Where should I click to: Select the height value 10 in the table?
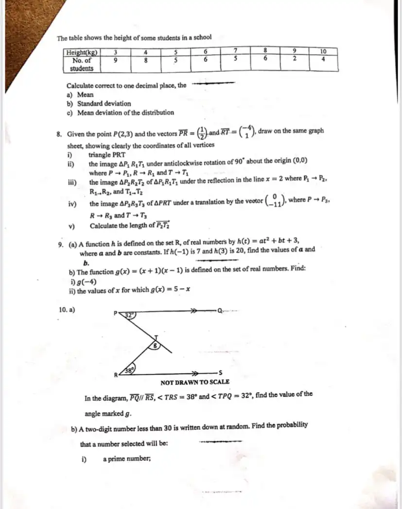coord(323,51)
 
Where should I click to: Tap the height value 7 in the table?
coord(235,51)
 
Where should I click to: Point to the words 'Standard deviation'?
coord(104,104)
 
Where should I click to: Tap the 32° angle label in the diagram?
coord(129,315)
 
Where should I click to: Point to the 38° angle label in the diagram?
coord(129,369)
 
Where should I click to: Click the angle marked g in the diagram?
coord(155,346)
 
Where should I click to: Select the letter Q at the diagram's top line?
coord(219,309)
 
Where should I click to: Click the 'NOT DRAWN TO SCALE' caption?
coord(195,382)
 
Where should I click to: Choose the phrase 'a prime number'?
coord(126,458)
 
